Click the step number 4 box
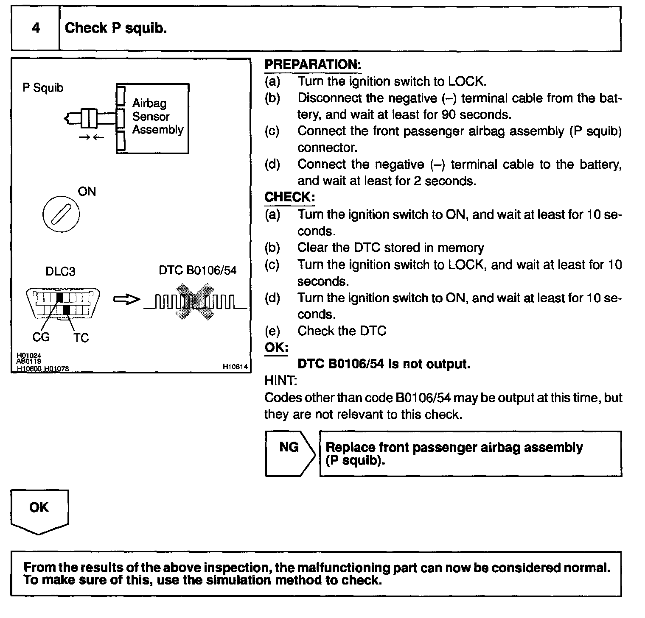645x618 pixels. pos(36,28)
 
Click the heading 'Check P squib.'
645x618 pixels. pos(115,28)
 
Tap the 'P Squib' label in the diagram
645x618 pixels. pos(43,88)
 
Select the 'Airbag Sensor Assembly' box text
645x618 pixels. pos(157,117)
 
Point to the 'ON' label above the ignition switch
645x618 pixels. pos(87,192)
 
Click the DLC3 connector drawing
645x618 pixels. pos(63,303)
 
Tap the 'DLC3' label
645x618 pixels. pos(60,271)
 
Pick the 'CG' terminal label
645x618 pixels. pos(41,337)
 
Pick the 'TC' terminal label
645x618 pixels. pos(81,338)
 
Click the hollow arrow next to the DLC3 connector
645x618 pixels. pos(126,299)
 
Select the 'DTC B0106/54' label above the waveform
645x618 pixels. pos(198,270)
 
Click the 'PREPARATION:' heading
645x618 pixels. pos(313,65)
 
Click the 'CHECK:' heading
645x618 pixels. pos(289,197)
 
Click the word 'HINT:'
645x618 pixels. pos(280,381)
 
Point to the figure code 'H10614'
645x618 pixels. pos(235,367)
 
